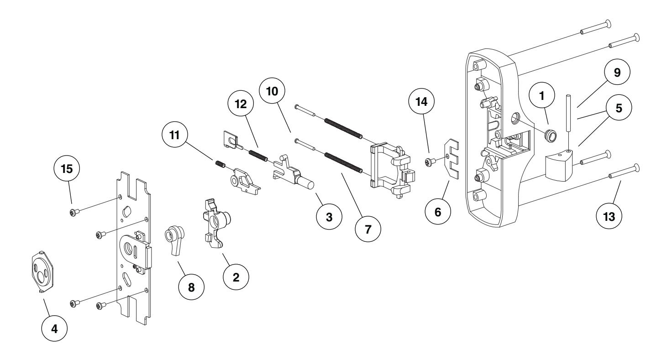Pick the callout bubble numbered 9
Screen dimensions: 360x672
pyautogui.click(x=617, y=74)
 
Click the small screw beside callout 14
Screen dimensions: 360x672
pyautogui.click(x=430, y=161)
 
